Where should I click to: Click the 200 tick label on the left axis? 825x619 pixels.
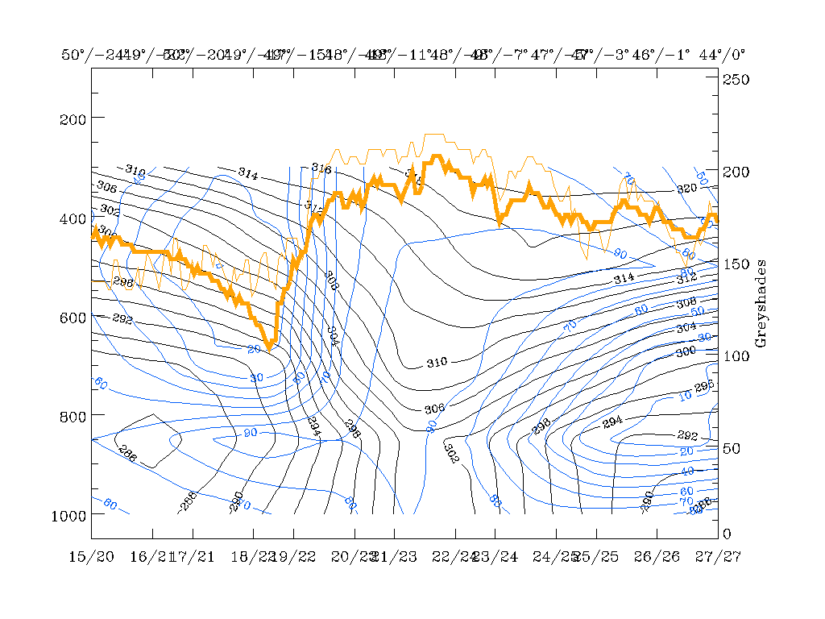pos(73,118)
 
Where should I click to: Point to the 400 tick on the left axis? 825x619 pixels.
pos(73,218)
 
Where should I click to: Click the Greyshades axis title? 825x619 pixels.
pos(761,303)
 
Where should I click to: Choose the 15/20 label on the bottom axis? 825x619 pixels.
pos(91,557)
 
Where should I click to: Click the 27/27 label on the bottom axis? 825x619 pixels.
pos(718,557)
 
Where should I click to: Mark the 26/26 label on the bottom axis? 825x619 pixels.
pos(657,557)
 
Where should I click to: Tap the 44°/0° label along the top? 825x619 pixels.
pos(722,55)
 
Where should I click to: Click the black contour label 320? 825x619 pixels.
pos(686,189)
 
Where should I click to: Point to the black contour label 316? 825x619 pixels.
pos(321,168)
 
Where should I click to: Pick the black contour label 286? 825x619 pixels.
pos(127,455)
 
